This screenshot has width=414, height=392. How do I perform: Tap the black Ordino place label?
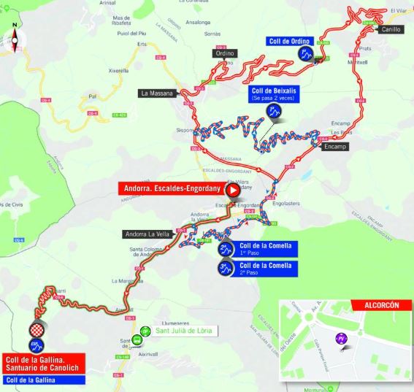[226, 53]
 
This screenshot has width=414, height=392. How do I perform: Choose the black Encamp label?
[334, 146]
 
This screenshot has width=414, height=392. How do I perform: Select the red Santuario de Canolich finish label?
[42, 363]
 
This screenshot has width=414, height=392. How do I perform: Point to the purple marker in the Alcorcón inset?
[340, 339]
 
